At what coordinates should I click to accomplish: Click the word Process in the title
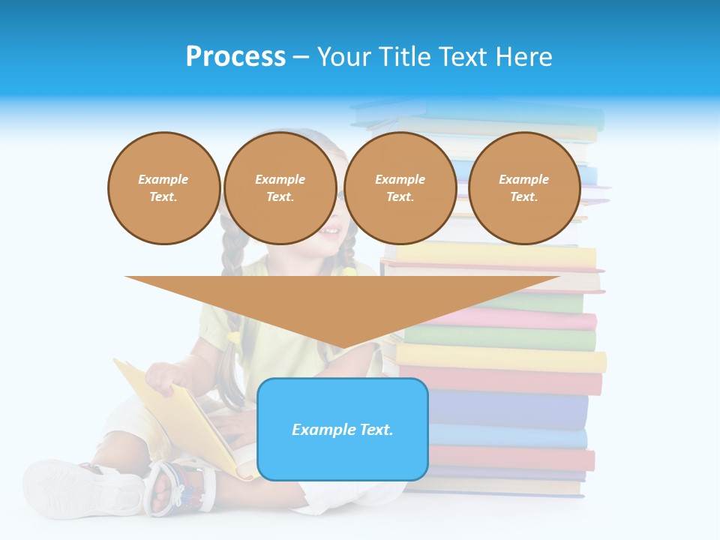(x=235, y=57)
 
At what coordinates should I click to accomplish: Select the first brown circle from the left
(x=163, y=188)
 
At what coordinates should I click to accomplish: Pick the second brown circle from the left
(x=280, y=188)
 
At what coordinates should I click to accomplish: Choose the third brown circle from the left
(x=400, y=188)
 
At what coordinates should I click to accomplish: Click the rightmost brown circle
(x=523, y=188)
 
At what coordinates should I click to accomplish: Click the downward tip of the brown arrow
(x=343, y=346)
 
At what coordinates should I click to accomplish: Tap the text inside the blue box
(x=342, y=430)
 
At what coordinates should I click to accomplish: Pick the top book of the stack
(x=480, y=112)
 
